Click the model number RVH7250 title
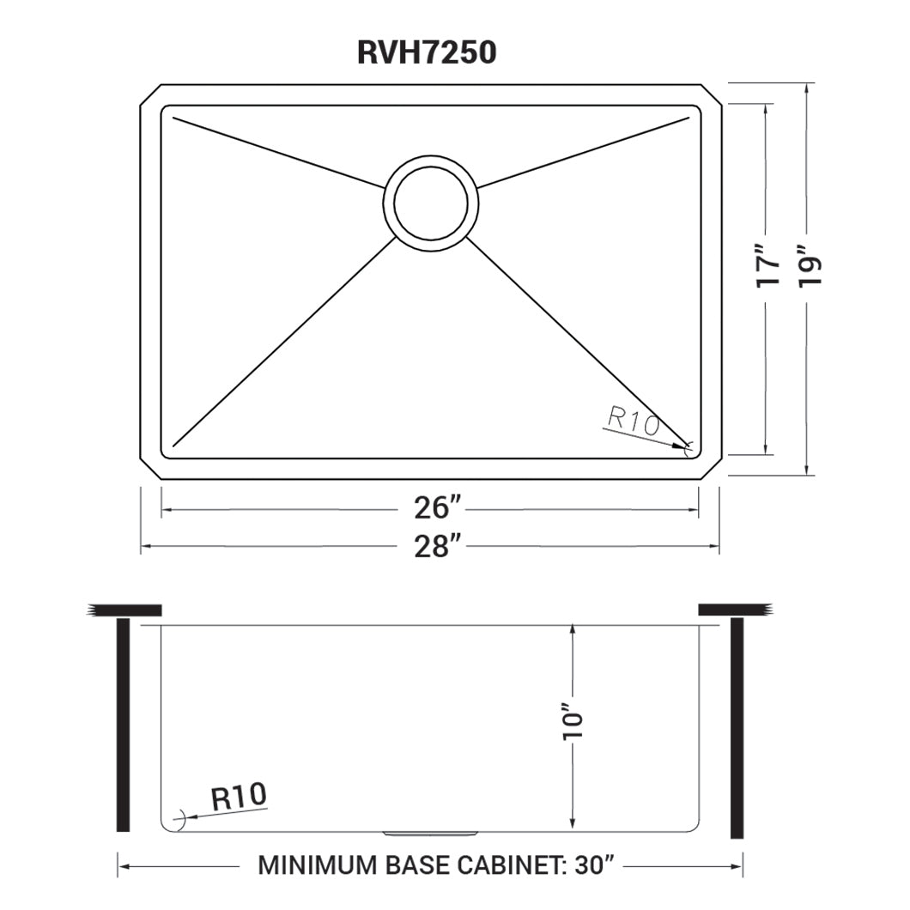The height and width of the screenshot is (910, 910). click(x=426, y=53)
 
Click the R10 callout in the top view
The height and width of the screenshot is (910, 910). click(x=632, y=421)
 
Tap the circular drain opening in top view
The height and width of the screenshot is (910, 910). click(x=431, y=202)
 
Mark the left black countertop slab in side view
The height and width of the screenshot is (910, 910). click(x=125, y=610)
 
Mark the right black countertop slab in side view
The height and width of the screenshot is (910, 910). click(x=735, y=610)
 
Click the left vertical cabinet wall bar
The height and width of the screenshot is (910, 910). click(x=123, y=724)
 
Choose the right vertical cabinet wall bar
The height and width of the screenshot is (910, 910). click(x=737, y=726)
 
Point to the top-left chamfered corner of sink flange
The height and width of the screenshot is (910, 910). click(x=151, y=94)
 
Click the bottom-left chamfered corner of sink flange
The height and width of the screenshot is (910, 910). click(x=151, y=467)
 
